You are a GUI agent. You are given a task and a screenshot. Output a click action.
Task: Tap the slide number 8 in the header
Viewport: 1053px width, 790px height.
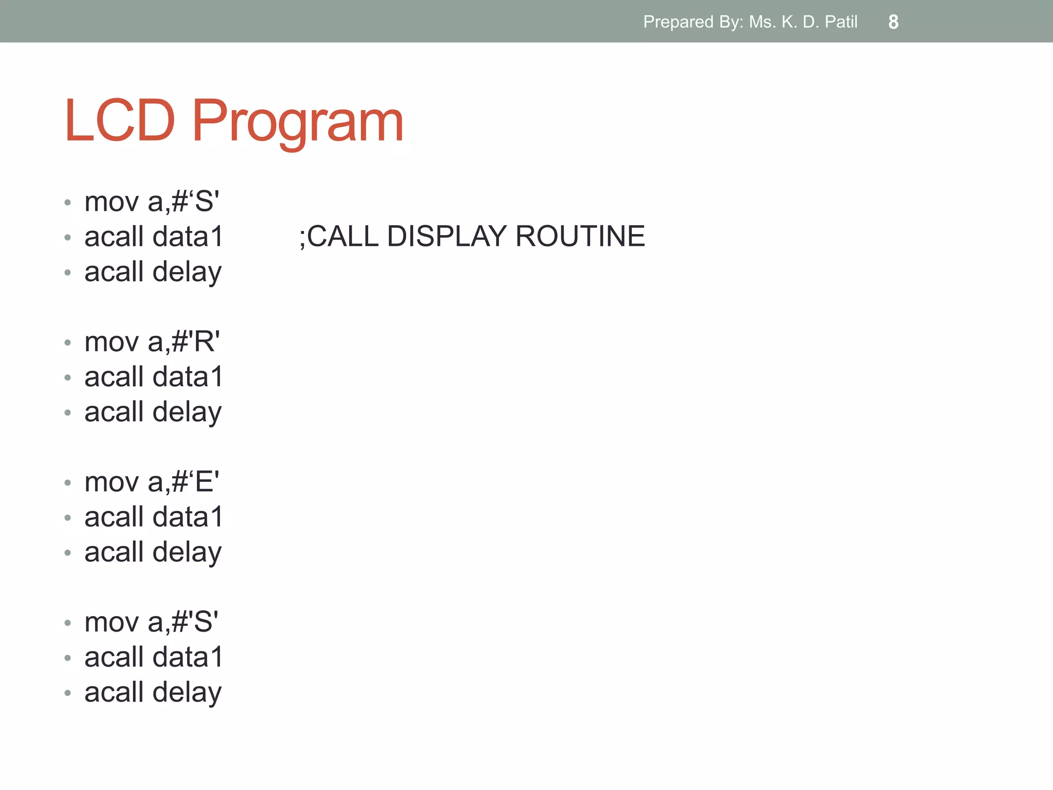pyautogui.click(x=893, y=22)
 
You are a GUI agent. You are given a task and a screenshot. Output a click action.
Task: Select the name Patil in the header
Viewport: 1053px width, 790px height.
pyautogui.click(x=841, y=22)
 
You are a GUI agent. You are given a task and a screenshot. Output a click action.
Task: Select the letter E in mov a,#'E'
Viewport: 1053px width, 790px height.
pyautogui.click(x=204, y=482)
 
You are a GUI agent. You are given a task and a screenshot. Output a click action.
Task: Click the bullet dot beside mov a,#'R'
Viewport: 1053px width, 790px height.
pyautogui.click(x=67, y=343)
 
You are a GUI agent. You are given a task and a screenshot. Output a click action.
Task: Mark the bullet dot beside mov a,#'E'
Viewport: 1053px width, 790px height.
pyautogui.click(x=67, y=483)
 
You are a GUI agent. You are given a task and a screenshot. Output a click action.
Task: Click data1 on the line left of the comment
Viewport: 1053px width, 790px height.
pyautogui.click(x=188, y=237)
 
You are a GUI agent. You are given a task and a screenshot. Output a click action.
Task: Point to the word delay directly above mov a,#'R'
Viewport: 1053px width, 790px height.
pyautogui.click(x=187, y=273)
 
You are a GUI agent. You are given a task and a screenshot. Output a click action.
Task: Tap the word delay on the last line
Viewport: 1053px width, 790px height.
pyautogui.click(x=187, y=693)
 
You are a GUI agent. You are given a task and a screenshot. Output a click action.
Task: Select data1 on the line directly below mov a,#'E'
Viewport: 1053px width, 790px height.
pyautogui.click(x=188, y=517)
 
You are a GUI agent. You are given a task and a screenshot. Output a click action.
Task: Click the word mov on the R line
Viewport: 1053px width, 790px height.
pyautogui.click(x=112, y=343)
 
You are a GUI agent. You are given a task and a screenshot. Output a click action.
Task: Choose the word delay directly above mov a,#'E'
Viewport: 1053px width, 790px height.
pyautogui.click(x=187, y=412)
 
